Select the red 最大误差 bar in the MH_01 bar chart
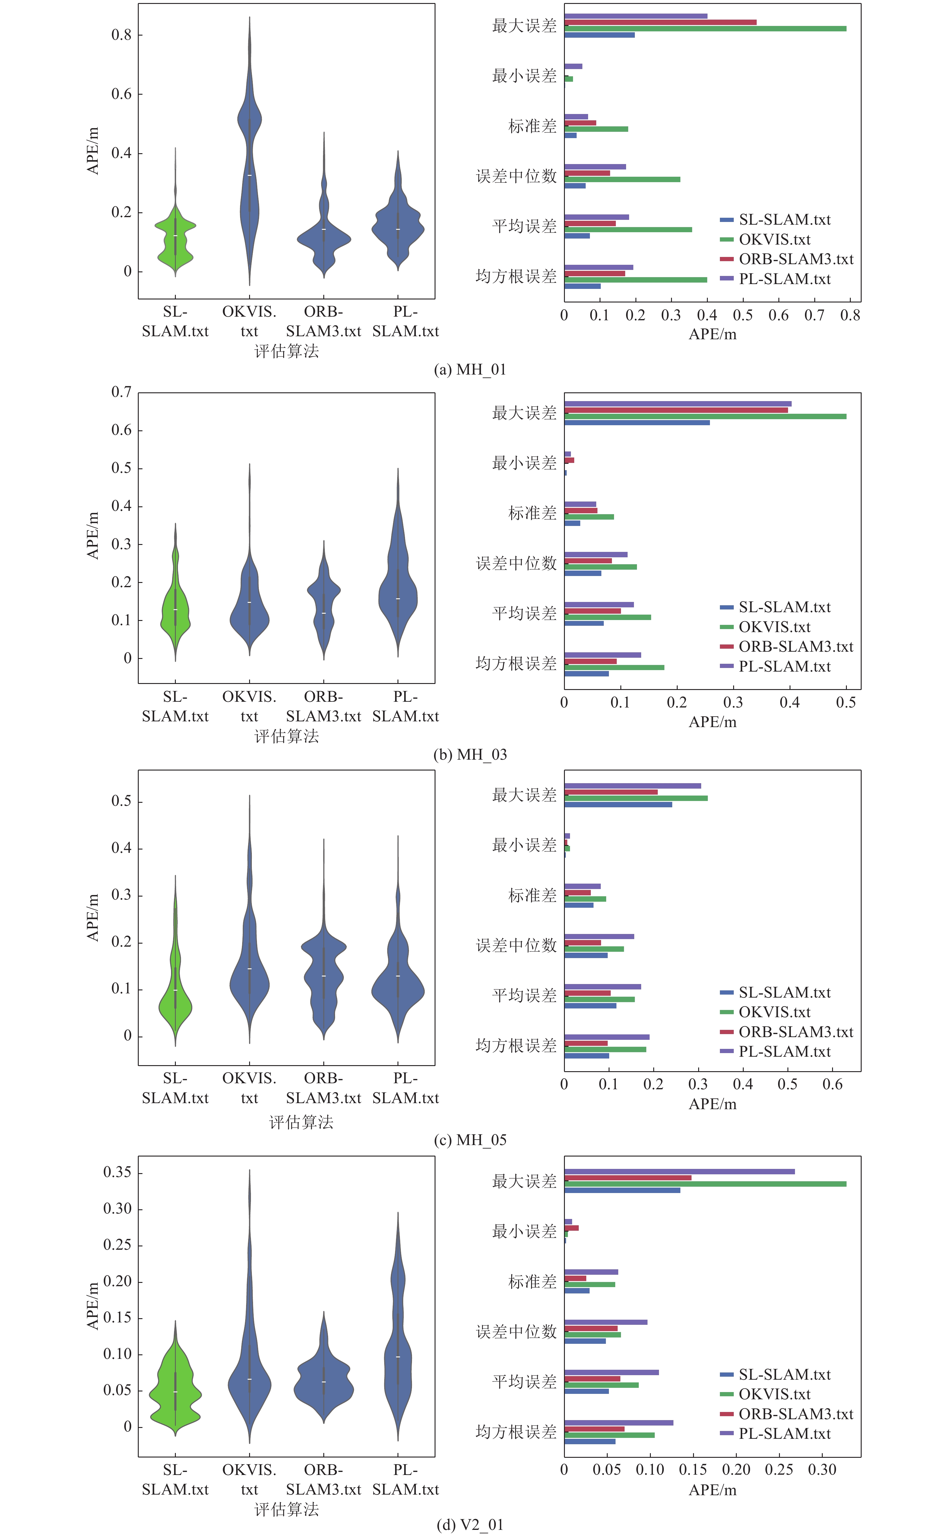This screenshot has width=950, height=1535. [x=660, y=22]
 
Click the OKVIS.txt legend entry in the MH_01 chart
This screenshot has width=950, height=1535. [x=774, y=239]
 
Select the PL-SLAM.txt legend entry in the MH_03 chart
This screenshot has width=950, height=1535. [x=784, y=666]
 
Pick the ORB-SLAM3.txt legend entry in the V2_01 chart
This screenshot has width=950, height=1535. [x=796, y=1414]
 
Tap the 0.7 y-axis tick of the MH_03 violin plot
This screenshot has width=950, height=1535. [x=121, y=392]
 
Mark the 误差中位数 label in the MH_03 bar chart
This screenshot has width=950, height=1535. [x=516, y=563]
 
